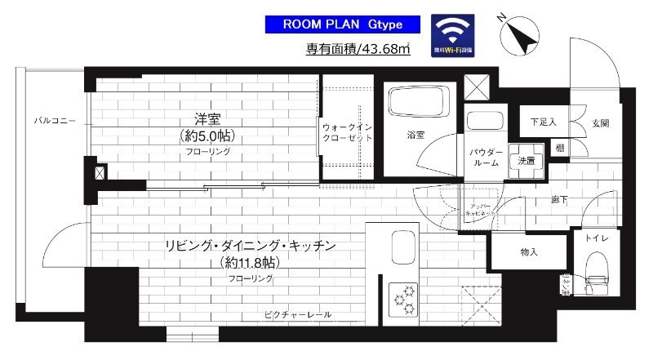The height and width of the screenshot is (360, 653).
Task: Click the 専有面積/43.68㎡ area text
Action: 358,50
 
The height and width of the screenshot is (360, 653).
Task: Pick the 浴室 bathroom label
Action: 415,135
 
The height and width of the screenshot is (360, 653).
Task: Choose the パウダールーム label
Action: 484,157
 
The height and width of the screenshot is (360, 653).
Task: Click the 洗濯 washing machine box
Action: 526,160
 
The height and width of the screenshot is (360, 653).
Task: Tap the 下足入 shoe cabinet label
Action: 543,122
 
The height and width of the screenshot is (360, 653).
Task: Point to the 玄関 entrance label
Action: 602,122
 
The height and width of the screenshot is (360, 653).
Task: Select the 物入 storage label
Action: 529,253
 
